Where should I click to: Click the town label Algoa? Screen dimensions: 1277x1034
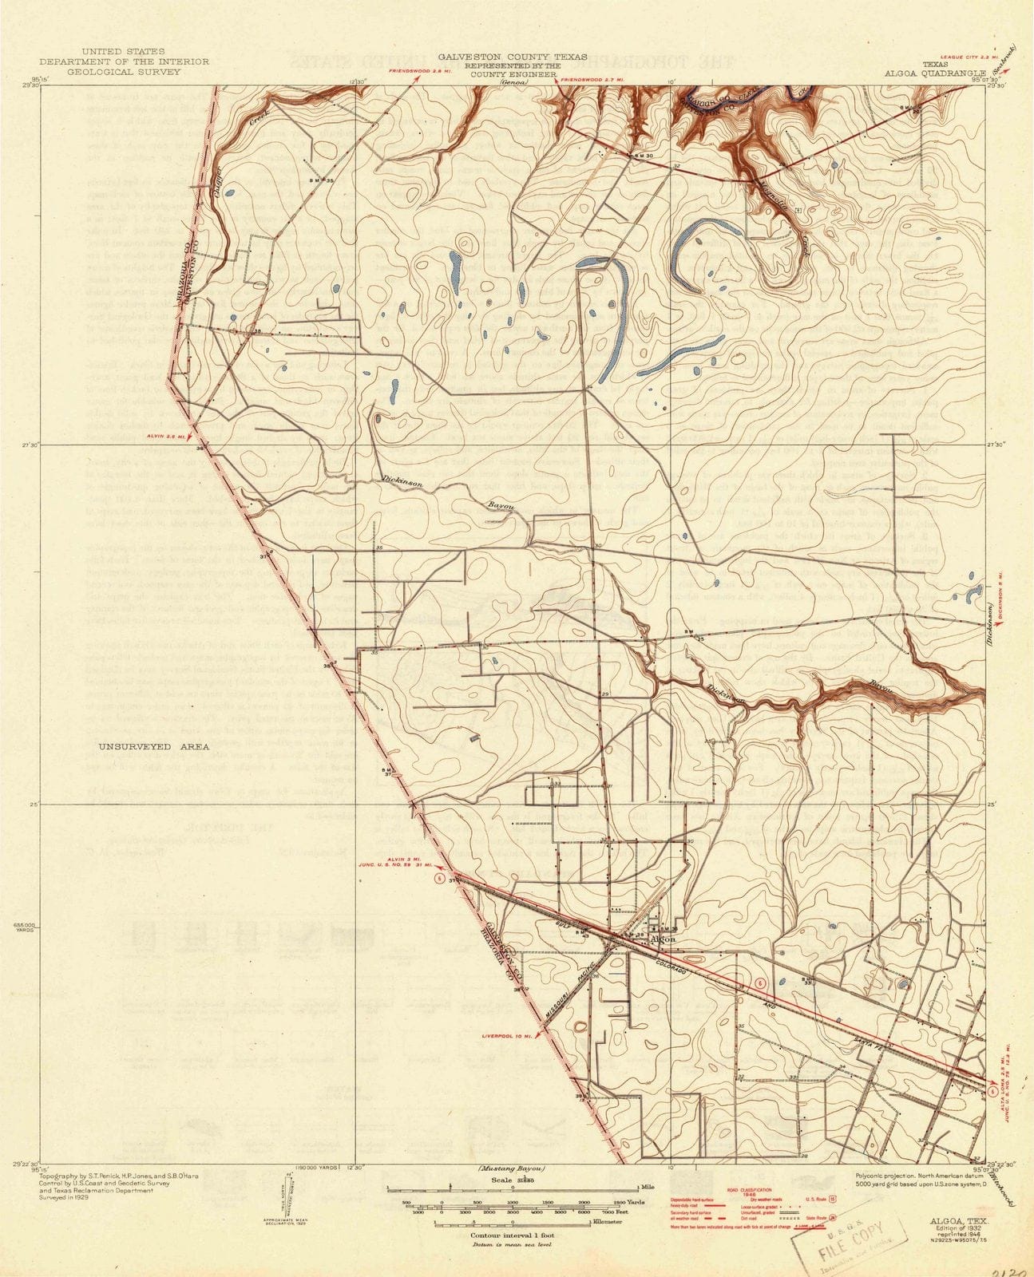[x=664, y=939]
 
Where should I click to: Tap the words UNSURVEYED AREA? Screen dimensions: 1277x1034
[x=153, y=747]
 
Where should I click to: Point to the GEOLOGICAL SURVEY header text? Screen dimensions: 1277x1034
[x=112, y=71]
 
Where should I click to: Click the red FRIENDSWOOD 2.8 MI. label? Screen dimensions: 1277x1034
[x=417, y=72]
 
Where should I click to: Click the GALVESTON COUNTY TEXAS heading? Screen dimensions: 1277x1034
[x=512, y=57]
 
